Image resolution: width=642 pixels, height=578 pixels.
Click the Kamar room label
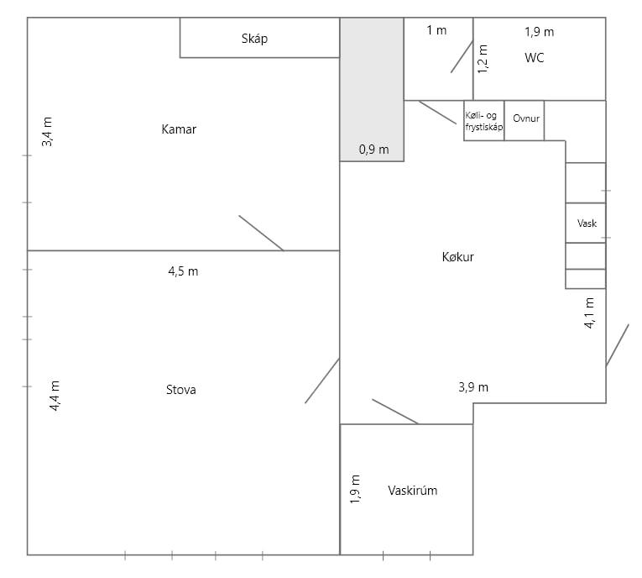coord(179,129)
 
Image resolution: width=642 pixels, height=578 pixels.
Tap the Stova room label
coord(181,390)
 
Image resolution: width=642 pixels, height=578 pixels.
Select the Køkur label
coord(457,257)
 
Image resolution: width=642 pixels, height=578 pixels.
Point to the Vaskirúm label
coord(412,491)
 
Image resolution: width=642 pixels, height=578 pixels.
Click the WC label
coord(535,58)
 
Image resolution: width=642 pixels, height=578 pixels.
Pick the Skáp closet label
coord(254,39)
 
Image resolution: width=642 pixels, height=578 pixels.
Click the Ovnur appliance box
coord(524,120)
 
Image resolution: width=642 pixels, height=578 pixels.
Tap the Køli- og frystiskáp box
coord(484,120)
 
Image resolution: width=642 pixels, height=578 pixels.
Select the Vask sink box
coord(586,223)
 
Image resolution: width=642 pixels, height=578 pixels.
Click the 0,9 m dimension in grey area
coord(373,150)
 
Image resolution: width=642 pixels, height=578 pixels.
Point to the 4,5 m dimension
coord(183,271)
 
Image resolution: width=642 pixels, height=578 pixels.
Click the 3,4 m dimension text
coord(47,132)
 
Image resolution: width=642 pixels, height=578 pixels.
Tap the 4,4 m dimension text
coord(55,396)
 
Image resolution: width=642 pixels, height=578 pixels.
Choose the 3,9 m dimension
coord(473,387)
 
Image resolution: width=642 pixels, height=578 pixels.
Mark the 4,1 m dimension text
coord(589,313)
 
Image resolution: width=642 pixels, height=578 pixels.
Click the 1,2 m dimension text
coord(483,59)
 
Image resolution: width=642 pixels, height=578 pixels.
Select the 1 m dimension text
coord(436,30)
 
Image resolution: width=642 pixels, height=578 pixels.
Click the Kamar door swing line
coord(261,233)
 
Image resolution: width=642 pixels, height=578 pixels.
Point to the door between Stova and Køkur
coord(322,381)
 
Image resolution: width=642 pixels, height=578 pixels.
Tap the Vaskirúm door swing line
coord(395,412)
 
